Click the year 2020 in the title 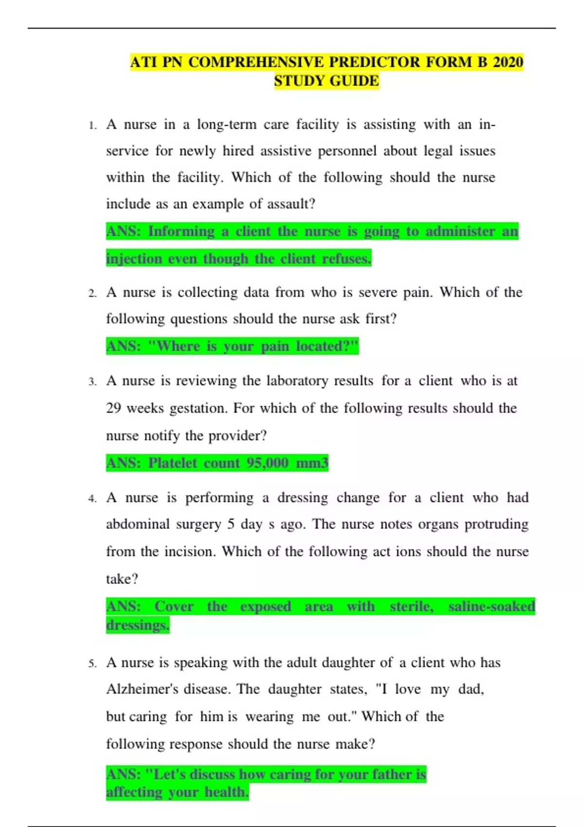click(508, 62)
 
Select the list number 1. click(92, 126)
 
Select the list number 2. click(92, 293)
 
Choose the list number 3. click(92, 382)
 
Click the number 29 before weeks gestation click(113, 408)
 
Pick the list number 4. click(92, 499)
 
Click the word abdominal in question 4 click(138, 524)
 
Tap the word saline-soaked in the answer click(492, 607)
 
